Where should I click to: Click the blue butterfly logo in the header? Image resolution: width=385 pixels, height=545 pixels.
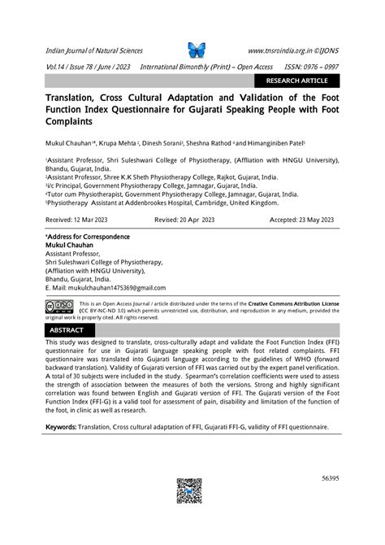point(197,50)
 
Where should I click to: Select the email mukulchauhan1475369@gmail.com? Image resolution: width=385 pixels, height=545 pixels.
point(108,288)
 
